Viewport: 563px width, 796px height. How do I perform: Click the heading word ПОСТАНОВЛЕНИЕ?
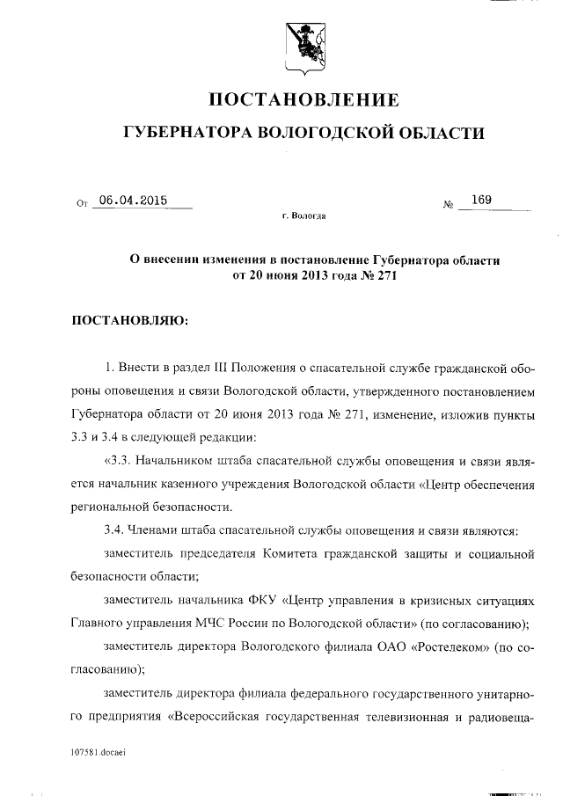[303, 99]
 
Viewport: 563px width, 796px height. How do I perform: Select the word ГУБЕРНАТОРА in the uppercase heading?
[184, 134]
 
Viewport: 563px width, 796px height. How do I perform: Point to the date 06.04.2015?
[132, 200]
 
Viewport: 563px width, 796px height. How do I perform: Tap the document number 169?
[480, 200]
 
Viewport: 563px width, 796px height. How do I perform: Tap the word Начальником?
[177, 461]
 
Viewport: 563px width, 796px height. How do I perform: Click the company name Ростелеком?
[442, 646]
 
